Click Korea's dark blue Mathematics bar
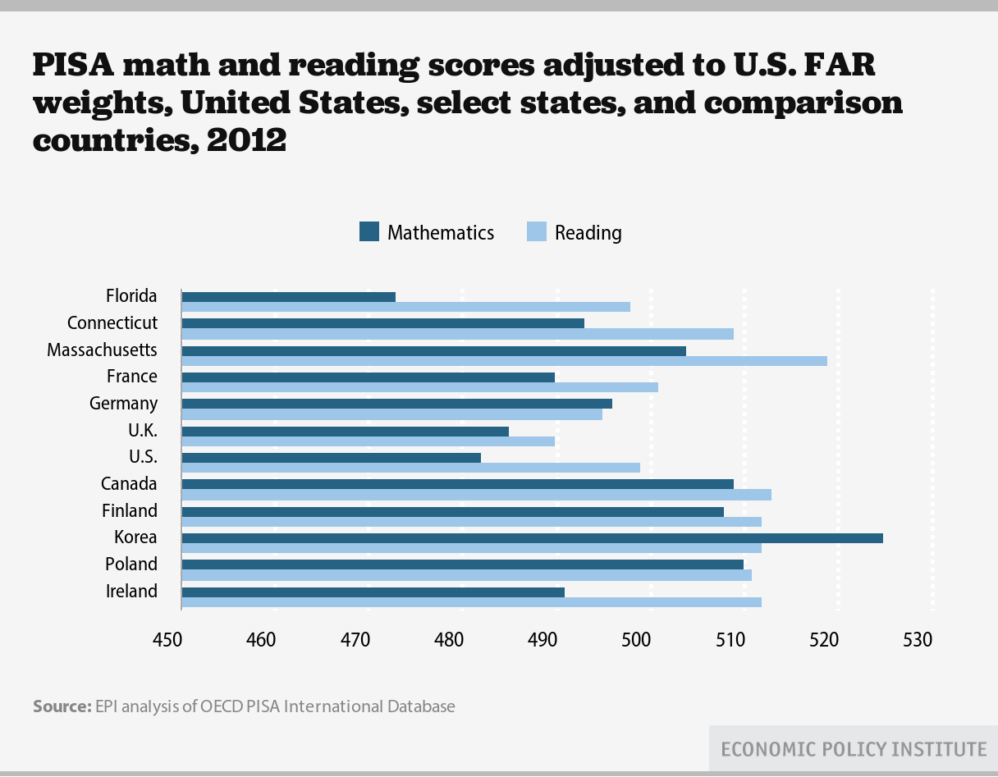[x=532, y=538]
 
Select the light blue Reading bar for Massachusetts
[x=504, y=361]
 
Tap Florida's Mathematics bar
[x=288, y=297]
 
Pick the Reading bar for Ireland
[x=471, y=602]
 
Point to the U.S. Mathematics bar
[x=331, y=458]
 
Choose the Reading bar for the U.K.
[x=368, y=441]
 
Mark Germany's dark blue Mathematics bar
[x=396, y=404]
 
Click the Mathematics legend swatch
[x=369, y=232]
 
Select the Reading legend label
[x=588, y=233]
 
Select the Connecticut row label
[x=112, y=323]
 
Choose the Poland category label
[x=131, y=564]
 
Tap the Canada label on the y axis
[x=129, y=484]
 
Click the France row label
[x=132, y=377]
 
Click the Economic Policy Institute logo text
[x=853, y=749]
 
